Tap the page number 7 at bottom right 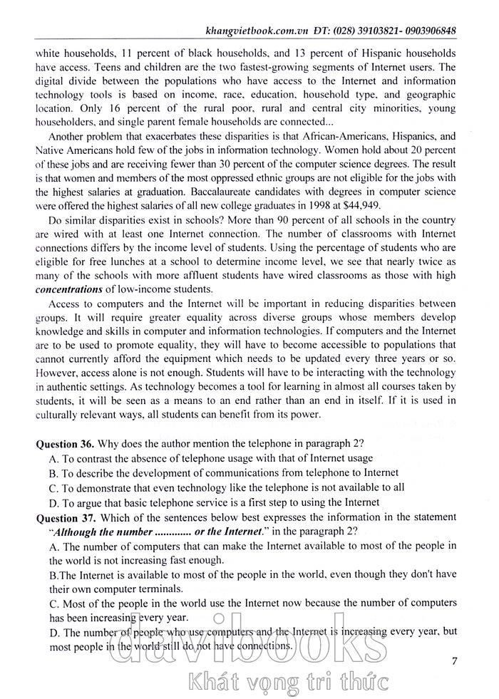click(455, 661)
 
